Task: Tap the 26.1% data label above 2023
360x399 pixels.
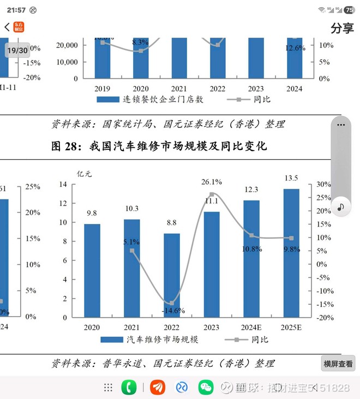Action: (x=212, y=182)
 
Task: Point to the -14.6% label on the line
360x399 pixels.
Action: (x=173, y=310)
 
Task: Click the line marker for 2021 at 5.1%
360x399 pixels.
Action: (x=132, y=251)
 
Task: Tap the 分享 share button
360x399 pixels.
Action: (x=342, y=28)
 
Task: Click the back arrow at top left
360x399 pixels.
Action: (x=7, y=27)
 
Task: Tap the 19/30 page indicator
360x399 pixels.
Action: (x=17, y=50)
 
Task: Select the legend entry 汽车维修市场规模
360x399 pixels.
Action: (x=149, y=340)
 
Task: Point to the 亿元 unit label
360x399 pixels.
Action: (x=85, y=174)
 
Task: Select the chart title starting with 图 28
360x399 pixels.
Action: (x=159, y=146)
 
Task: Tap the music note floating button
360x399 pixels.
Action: (x=341, y=207)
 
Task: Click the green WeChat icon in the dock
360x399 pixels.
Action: (x=206, y=388)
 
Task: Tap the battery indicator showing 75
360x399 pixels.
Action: (x=349, y=10)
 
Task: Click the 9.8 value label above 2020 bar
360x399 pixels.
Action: (x=92, y=213)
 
